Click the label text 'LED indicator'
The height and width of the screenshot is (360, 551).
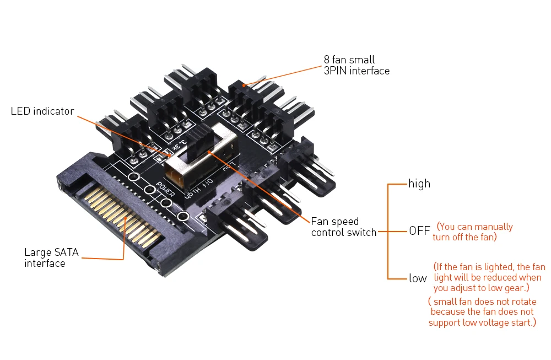[42, 111]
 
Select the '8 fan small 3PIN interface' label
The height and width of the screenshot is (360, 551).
[356, 65]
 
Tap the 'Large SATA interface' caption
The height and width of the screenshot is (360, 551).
[51, 258]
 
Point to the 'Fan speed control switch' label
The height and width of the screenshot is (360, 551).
[343, 227]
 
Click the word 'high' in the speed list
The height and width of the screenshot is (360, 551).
[419, 184]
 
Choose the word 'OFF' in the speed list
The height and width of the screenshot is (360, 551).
[419, 231]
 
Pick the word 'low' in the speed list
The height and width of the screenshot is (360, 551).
[418, 278]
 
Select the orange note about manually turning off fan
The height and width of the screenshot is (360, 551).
[474, 232]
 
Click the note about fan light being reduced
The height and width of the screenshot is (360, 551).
[488, 277]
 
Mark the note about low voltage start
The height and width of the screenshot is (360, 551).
[482, 312]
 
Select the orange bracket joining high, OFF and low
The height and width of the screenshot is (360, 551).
[388, 231]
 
